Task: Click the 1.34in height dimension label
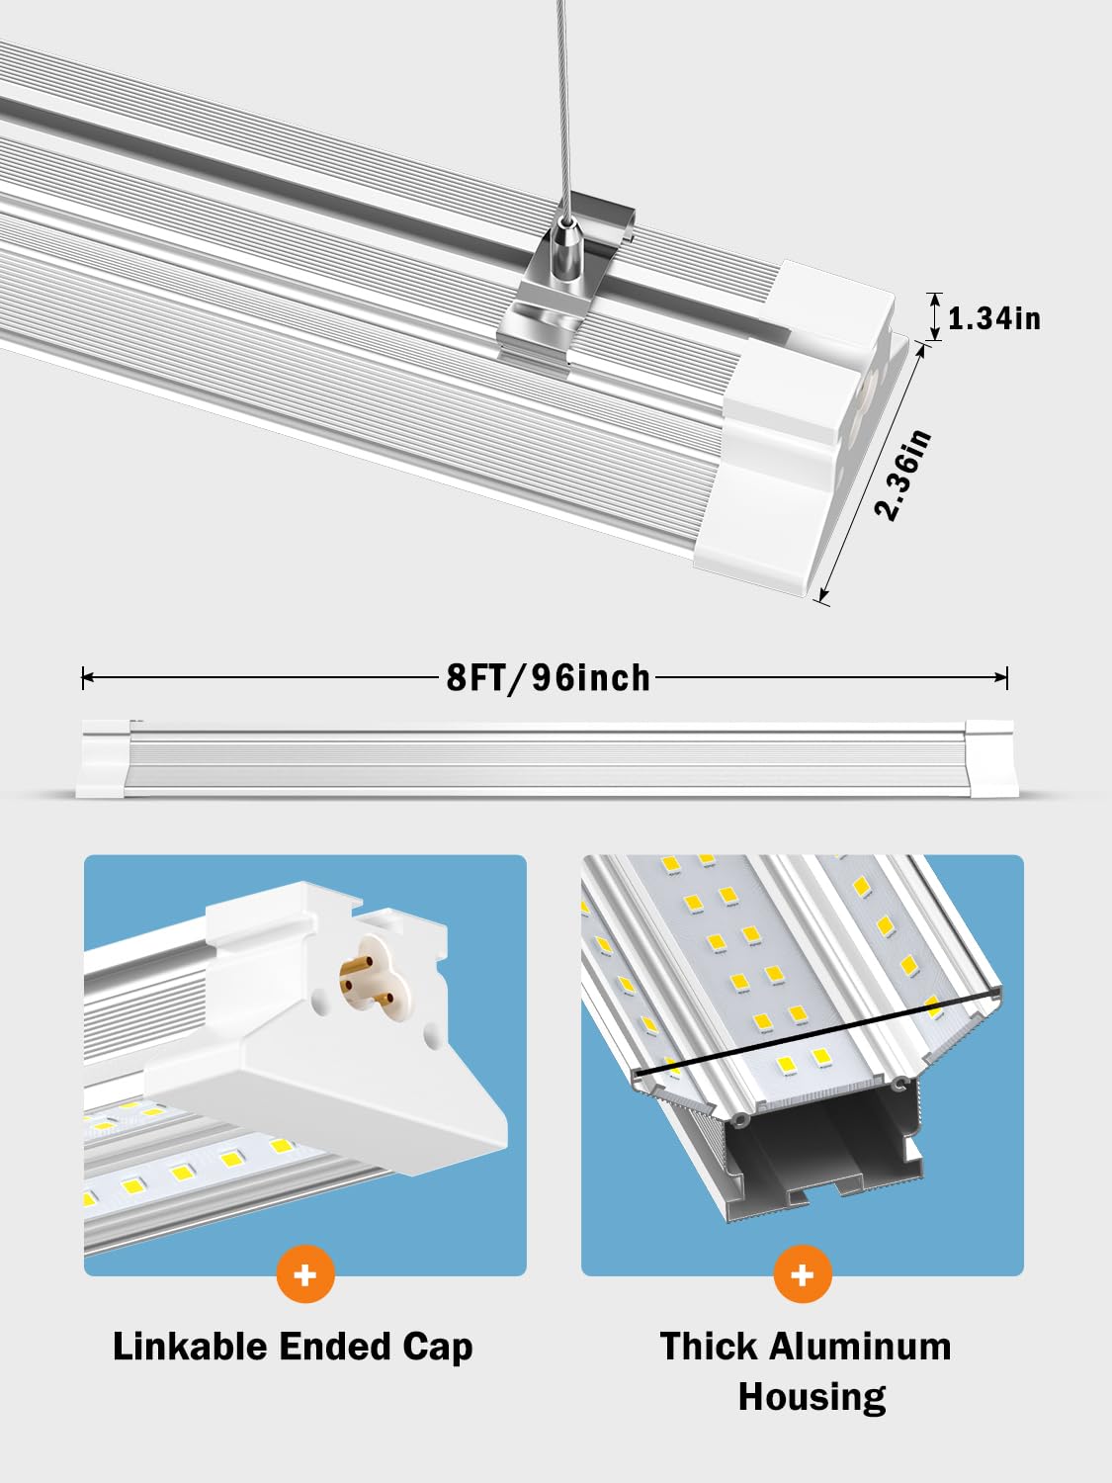[993, 318]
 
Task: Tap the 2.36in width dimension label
[903, 477]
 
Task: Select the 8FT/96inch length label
[549, 678]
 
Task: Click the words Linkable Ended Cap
[293, 1347]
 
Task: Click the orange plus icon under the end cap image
[305, 1274]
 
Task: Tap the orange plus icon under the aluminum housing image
[803, 1274]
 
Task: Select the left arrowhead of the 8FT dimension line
[88, 677]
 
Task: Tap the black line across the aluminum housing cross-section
[811, 1035]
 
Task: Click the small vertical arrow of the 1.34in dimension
[932, 316]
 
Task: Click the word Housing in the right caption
[812, 1397]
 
